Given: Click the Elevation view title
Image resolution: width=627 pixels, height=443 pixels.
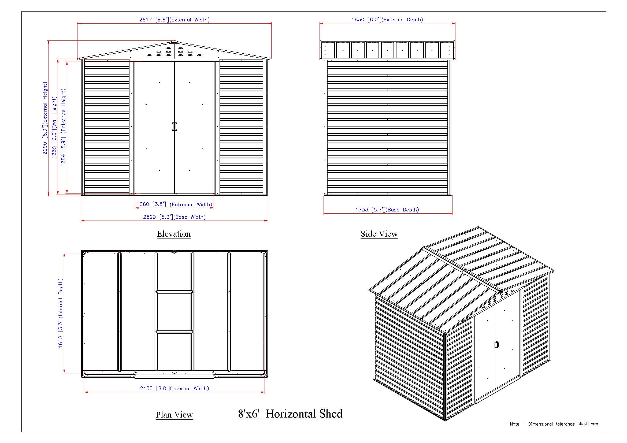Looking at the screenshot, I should click(x=174, y=234).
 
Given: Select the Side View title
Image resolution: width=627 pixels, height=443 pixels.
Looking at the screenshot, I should click(x=379, y=234).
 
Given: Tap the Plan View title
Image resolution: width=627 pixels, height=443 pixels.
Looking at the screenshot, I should click(x=174, y=415).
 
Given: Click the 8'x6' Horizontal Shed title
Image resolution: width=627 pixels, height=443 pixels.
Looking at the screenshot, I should click(x=290, y=414).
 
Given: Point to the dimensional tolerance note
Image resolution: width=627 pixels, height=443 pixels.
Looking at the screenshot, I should click(x=554, y=424).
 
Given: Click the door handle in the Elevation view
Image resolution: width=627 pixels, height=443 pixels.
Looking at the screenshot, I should click(x=174, y=127).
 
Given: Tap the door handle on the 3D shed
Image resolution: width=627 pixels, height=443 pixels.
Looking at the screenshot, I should click(x=496, y=345).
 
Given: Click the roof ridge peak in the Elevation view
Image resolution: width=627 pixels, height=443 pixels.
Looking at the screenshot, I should click(x=174, y=42).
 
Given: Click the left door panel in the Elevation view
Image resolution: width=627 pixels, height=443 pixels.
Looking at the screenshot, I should click(x=155, y=127).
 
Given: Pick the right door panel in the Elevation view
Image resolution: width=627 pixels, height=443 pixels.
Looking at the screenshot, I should click(x=194, y=127).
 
